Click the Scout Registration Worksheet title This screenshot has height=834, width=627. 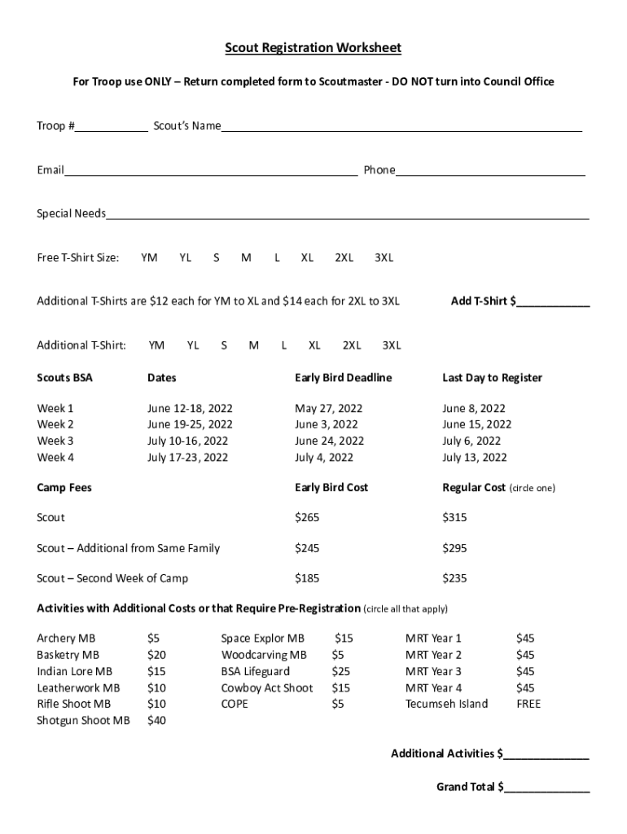click(313, 49)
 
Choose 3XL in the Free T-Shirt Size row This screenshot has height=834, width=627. click(384, 258)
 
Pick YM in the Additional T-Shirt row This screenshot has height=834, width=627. click(156, 345)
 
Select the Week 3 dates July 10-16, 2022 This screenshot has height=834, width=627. click(187, 441)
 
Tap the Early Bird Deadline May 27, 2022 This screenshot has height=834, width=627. click(328, 408)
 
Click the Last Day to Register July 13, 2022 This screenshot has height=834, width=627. click(475, 457)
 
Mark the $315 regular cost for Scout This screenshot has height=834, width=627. click(454, 517)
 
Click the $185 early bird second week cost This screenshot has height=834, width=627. click(307, 578)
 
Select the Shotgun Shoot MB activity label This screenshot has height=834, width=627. click(83, 720)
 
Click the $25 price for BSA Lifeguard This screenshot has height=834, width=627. click(340, 671)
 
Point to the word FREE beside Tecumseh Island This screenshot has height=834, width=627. click(528, 704)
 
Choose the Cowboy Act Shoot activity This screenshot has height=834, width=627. click(267, 687)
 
